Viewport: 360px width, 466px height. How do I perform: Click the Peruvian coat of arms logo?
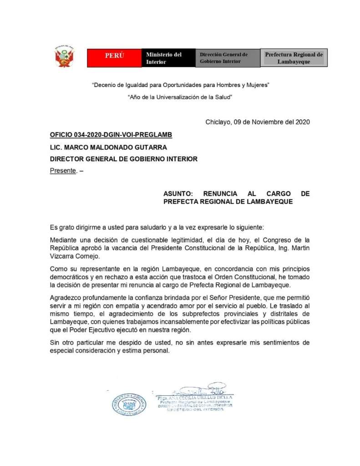[65, 56]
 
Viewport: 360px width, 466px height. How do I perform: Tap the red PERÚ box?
[114, 56]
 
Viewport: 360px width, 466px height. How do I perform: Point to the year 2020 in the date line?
[303, 122]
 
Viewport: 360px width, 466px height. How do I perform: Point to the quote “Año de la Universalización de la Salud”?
[180, 97]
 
